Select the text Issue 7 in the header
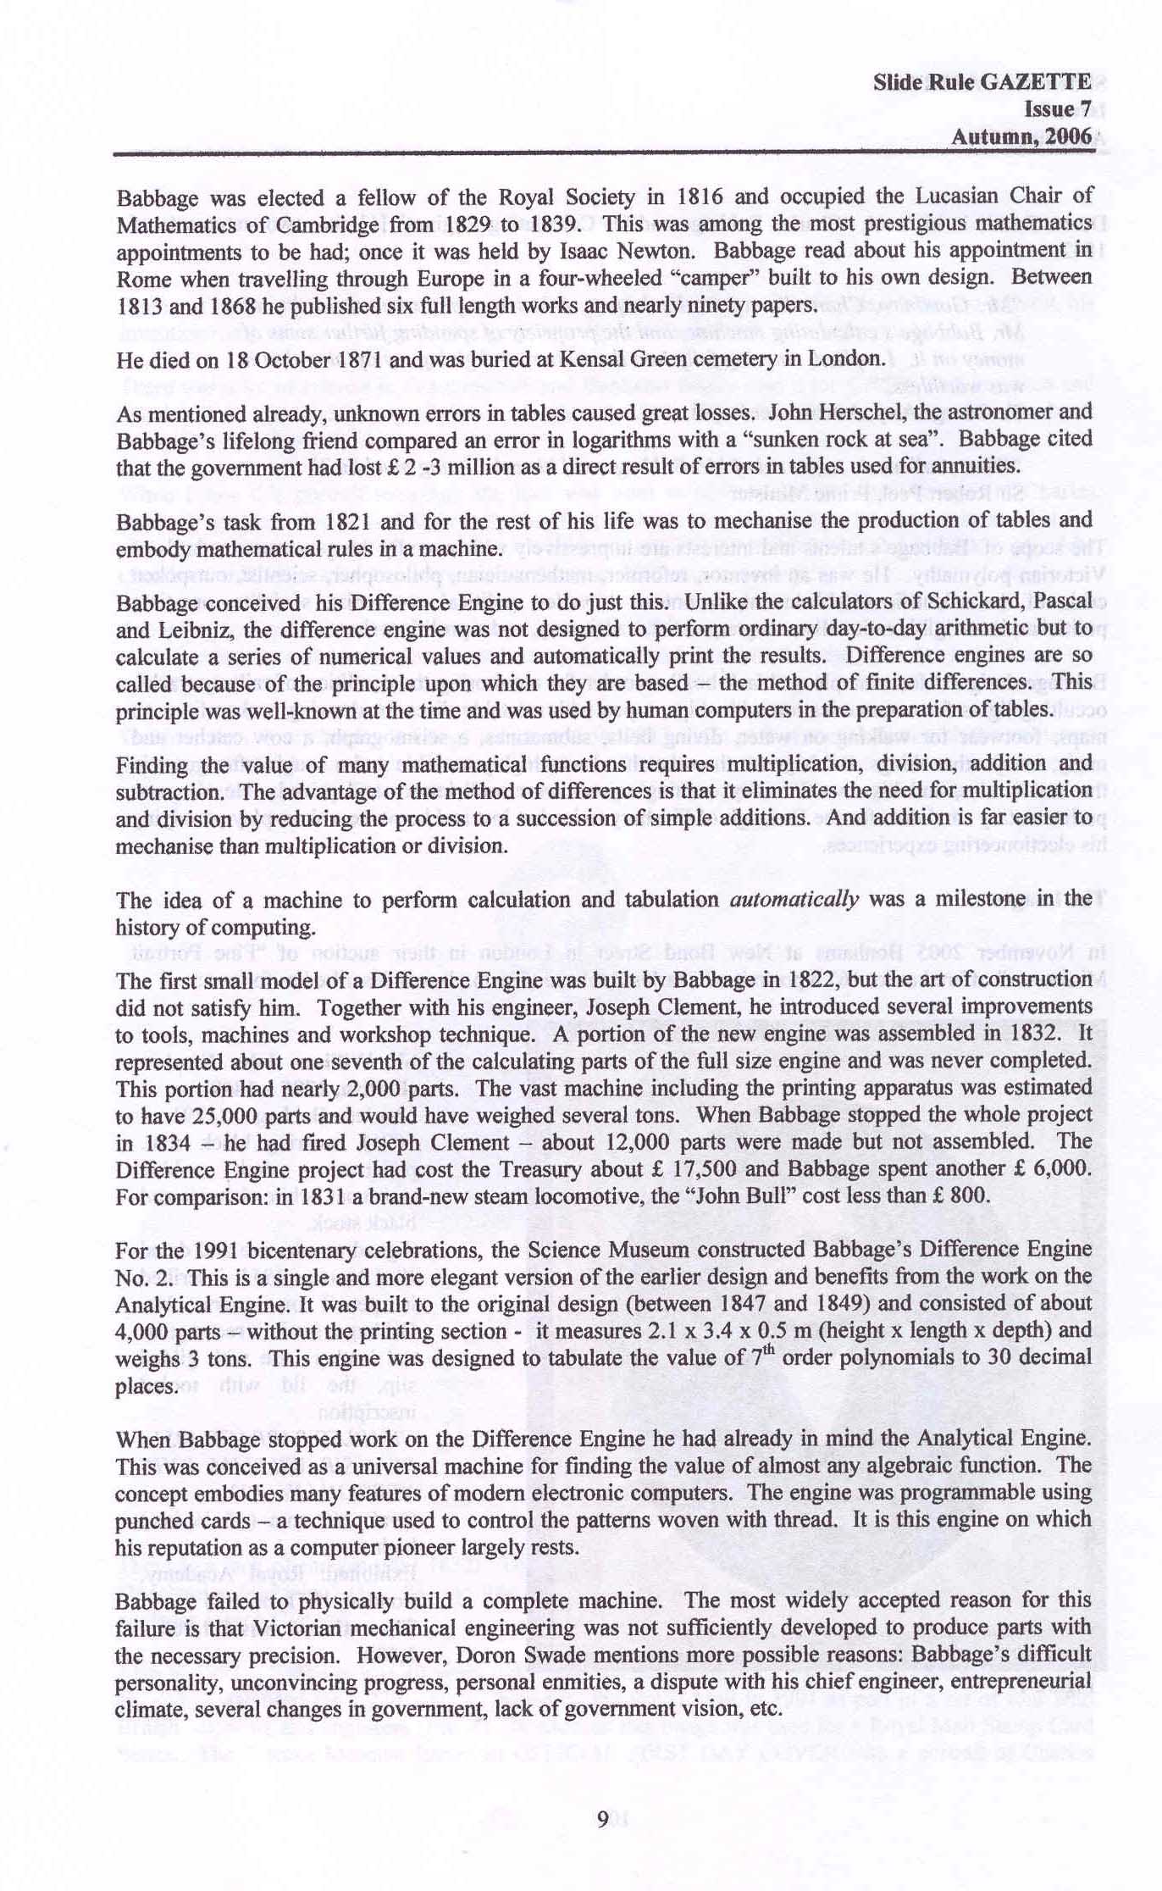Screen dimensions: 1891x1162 (x=1058, y=109)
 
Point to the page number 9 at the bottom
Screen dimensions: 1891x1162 (x=601, y=1819)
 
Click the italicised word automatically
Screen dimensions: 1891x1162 (x=794, y=900)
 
